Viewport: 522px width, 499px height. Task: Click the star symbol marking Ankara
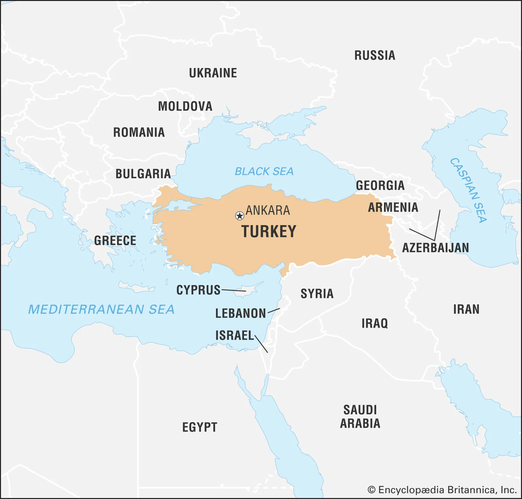coord(239,216)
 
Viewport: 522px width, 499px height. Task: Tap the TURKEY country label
coord(269,232)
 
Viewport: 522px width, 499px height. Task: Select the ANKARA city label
coord(268,210)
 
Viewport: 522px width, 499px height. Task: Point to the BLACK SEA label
coord(264,171)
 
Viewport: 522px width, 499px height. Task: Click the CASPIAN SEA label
coord(469,190)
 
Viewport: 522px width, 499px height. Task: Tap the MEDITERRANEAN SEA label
coord(101,309)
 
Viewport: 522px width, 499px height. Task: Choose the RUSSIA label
coord(375,55)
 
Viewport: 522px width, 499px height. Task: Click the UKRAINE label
coord(213,73)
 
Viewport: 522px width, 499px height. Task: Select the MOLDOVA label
coord(185,107)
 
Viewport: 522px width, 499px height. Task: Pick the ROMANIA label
coord(139,133)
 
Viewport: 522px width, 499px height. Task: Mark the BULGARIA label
coord(143,174)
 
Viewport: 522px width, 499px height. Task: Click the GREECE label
coord(115,241)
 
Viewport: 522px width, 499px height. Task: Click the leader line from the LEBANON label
coord(274,310)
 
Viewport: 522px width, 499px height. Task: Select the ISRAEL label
coord(234,335)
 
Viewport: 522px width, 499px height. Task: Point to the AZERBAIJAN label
coord(435,248)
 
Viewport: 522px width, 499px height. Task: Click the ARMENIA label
coord(393,207)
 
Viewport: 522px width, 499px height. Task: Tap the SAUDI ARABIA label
coord(360,417)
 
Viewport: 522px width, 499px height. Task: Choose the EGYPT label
coord(200,427)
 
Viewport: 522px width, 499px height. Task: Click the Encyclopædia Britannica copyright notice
coord(442,490)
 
